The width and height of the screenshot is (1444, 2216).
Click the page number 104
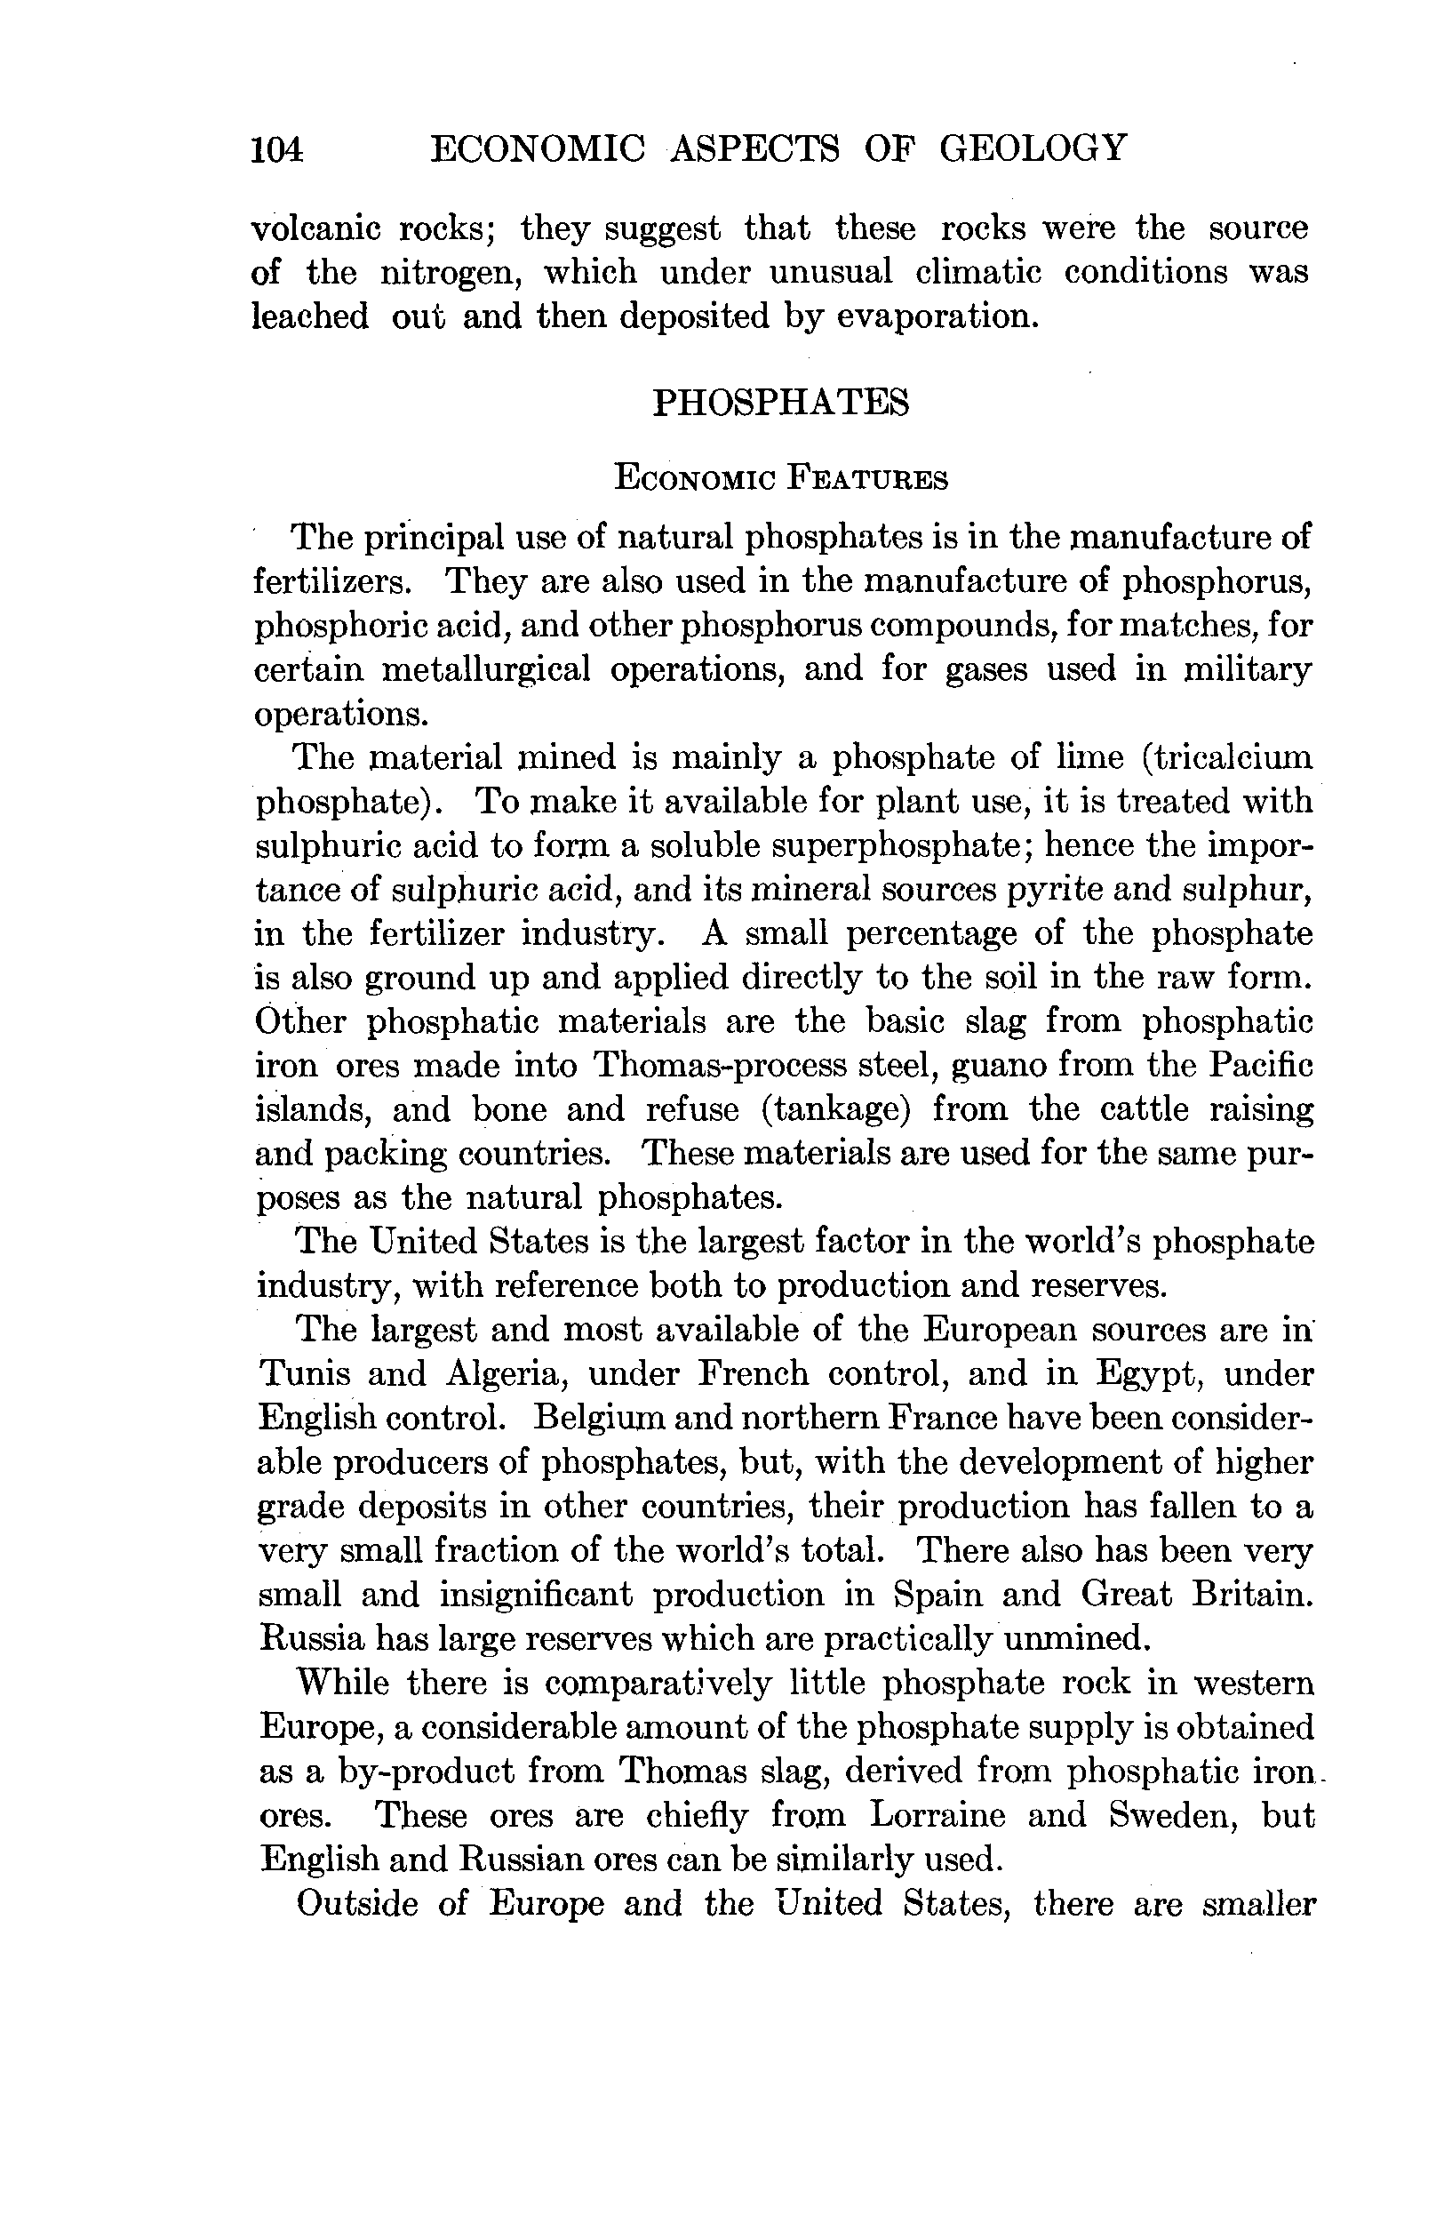point(276,149)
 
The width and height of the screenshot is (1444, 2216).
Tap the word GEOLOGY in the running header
point(1033,148)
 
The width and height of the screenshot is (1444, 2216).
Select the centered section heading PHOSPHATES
point(780,403)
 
